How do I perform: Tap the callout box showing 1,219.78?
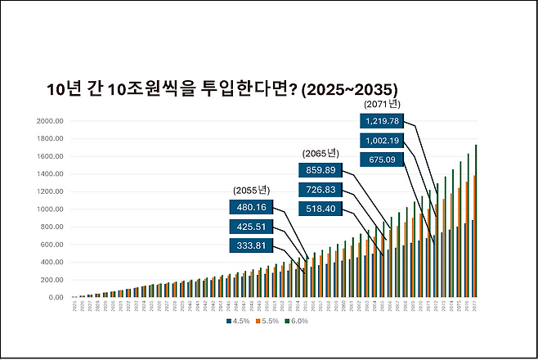(x=383, y=121)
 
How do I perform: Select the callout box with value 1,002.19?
(x=383, y=141)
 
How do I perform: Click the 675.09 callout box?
(x=383, y=160)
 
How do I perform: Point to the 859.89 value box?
(x=321, y=170)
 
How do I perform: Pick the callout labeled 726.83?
(x=321, y=190)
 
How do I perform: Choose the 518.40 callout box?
(x=321, y=209)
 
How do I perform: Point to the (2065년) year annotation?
(x=321, y=154)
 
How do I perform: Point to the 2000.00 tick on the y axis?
(x=51, y=121)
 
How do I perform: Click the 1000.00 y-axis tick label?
(x=51, y=209)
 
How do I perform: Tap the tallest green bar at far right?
(x=475, y=221)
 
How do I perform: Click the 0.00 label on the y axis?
(x=56, y=297)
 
